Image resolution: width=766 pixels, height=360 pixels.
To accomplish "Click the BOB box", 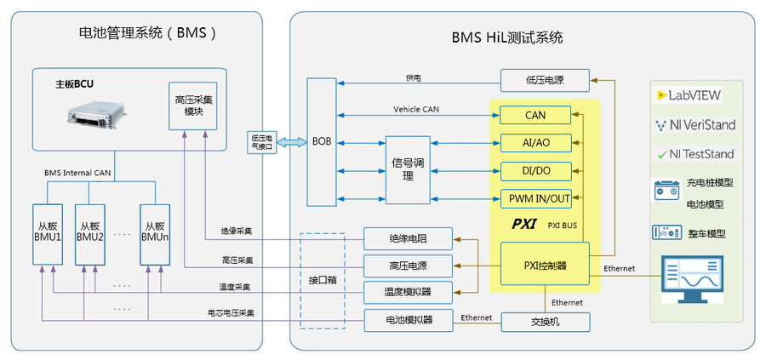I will [x=321, y=141].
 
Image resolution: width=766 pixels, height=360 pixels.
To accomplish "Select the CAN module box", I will [x=534, y=115].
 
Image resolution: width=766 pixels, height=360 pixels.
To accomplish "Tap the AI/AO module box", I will [x=534, y=142].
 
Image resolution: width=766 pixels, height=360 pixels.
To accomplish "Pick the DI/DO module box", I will [x=534, y=170].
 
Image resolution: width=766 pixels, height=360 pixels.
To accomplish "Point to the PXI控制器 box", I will [x=545, y=263].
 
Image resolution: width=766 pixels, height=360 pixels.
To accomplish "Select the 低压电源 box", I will [x=544, y=80].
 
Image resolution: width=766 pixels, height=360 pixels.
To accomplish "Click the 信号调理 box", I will [x=408, y=169].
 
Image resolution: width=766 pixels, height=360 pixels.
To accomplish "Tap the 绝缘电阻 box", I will [x=409, y=239].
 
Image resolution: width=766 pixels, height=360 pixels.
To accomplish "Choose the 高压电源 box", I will [x=409, y=266].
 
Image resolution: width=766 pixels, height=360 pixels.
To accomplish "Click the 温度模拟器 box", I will [x=409, y=293].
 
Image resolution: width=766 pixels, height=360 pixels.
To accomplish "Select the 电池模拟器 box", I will [x=409, y=320].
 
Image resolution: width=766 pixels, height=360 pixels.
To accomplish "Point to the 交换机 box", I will [x=544, y=322].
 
